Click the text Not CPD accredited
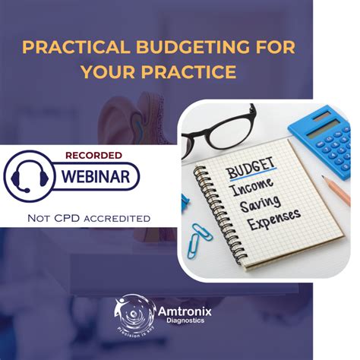click(x=88, y=218)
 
